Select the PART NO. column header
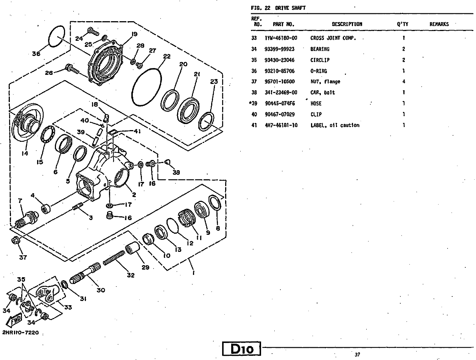(x=283, y=24)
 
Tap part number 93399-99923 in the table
(x=279, y=49)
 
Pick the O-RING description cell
(x=319, y=71)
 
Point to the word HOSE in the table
(x=316, y=104)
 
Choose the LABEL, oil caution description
(x=334, y=126)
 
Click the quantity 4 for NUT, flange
(x=404, y=82)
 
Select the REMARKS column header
(x=439, y=24)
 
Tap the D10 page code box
(x=242, y=349)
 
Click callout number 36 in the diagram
(x=36, y=54)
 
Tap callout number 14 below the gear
(x=25, y=154)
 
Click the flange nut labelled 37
(x=16, y=240)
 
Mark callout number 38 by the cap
(x=176, y=172)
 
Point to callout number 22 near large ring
(x=166, y=57)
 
